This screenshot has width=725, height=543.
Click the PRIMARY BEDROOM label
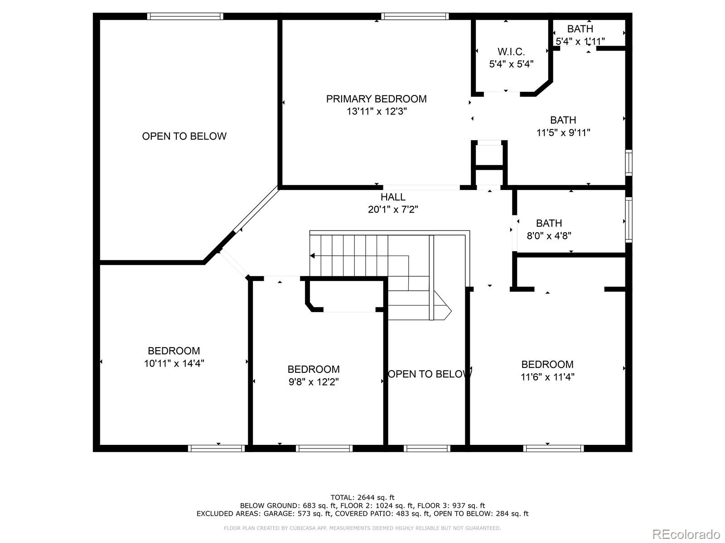[x=376, y=99]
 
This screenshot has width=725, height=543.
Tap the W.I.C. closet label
[x=511, y=52]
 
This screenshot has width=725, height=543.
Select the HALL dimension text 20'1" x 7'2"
[x=393, y=210]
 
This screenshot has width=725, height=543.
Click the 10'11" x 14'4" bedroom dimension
[x=174, y=363]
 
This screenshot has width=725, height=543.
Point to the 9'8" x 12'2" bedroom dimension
[x=314, y=382]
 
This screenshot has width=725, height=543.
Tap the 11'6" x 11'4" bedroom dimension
[x=547, y=377]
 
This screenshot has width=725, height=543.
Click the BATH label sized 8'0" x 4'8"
[x=549, y=223]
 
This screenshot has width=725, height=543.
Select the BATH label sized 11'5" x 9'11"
[x=563, y=120]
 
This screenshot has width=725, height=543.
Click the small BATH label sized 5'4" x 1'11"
[x=580, y=29]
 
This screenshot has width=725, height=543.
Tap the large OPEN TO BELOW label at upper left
[x=184, y=136]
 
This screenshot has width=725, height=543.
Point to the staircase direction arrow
[x=313, y=256]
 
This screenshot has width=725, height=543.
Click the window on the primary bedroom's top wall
[x=415, y=16]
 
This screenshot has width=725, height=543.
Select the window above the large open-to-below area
[x=185, y=16]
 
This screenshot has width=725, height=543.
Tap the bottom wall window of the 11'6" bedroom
[x=553, y=448]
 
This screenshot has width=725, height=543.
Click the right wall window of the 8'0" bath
[x=628, y=219]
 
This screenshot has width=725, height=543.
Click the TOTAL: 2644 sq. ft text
[x=362, y=497]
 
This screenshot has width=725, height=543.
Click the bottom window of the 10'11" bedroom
[x=217, y=448]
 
